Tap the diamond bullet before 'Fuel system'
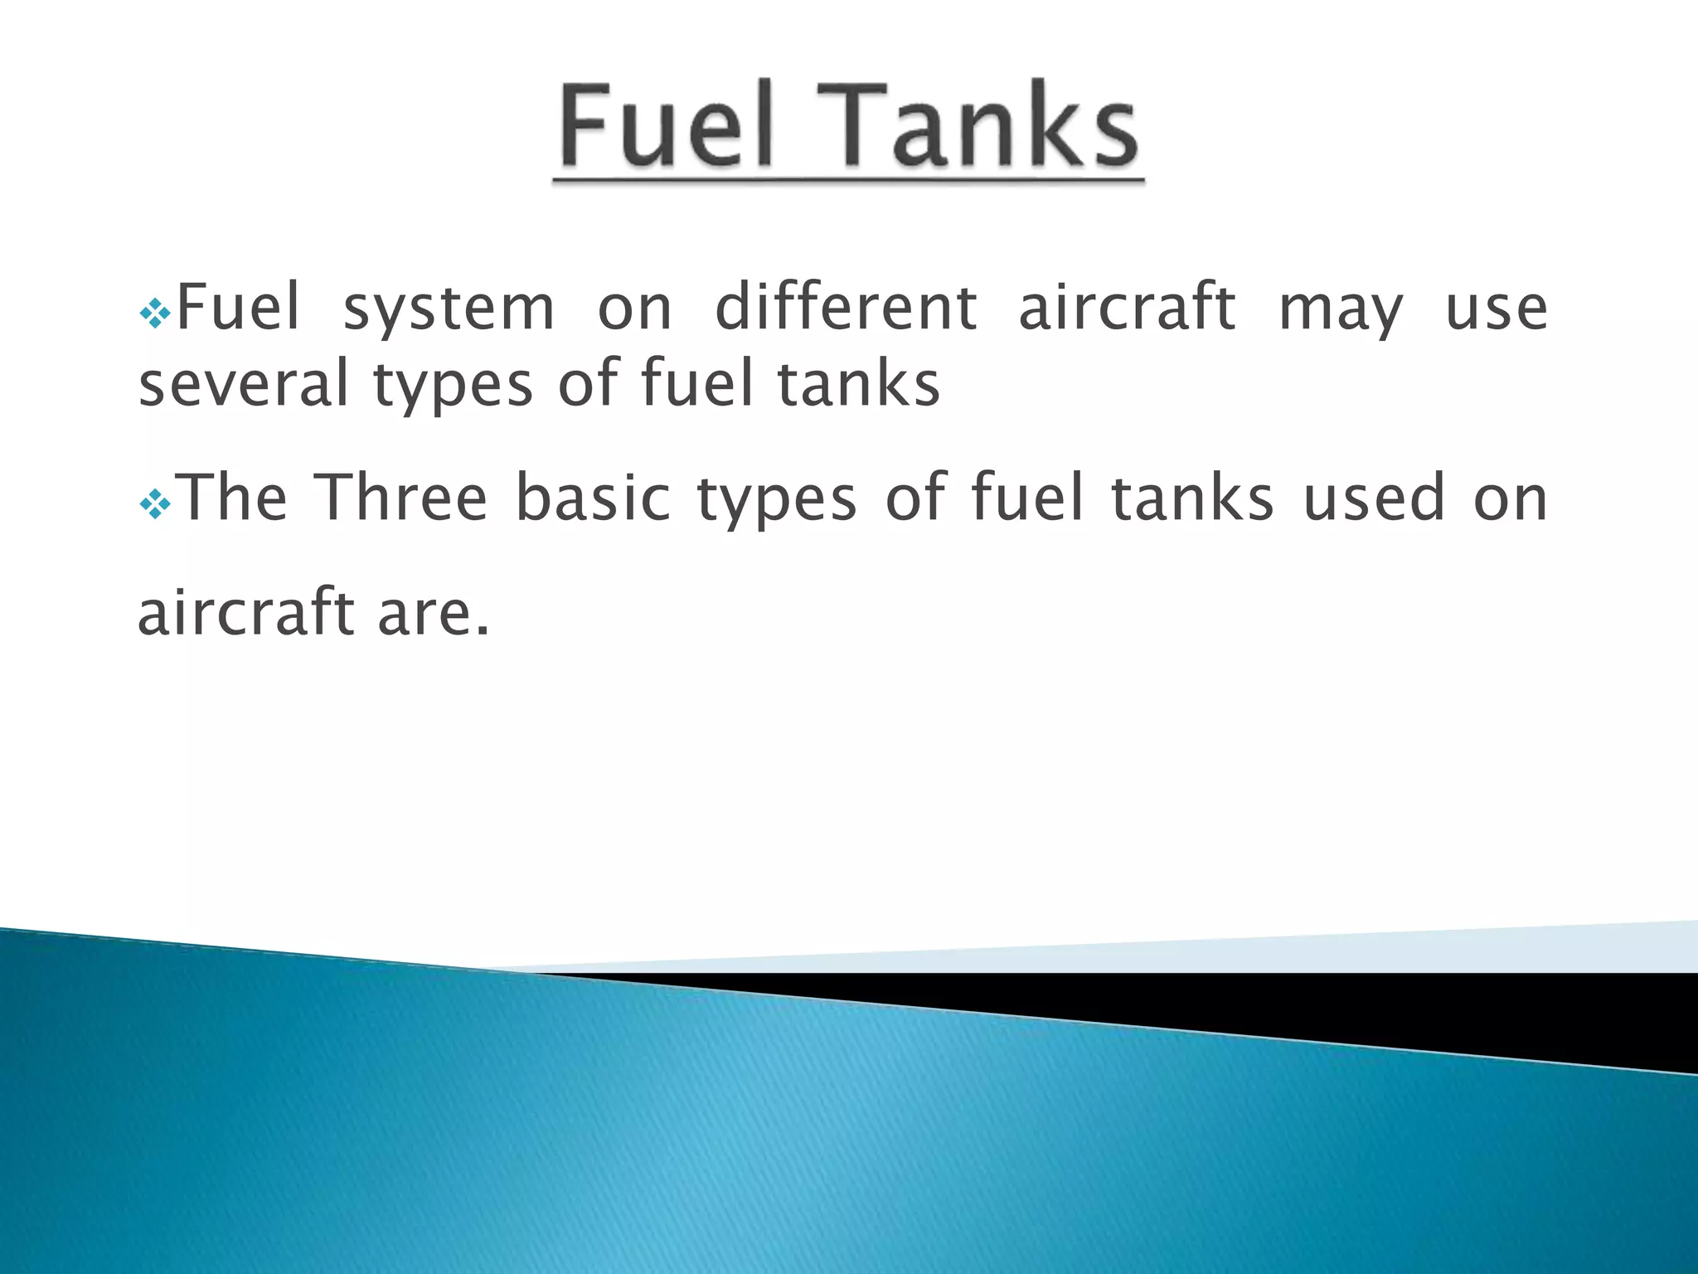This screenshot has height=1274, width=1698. pyautogui.click(x=155, y=314)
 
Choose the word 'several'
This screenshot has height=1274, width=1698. pyautogui.click(x=243, y=384)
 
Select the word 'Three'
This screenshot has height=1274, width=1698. pyautogui.click(x=403, y=498)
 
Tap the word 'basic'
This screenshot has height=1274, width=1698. pyautogui.click(x=593, y=498)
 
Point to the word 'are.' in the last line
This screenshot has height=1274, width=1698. pyautogui.click(x=434, y=612)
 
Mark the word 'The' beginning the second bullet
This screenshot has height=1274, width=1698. pyautogui.click(x=233, y=498)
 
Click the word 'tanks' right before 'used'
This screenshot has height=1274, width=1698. pyautogui.click(x=1191, y=498)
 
